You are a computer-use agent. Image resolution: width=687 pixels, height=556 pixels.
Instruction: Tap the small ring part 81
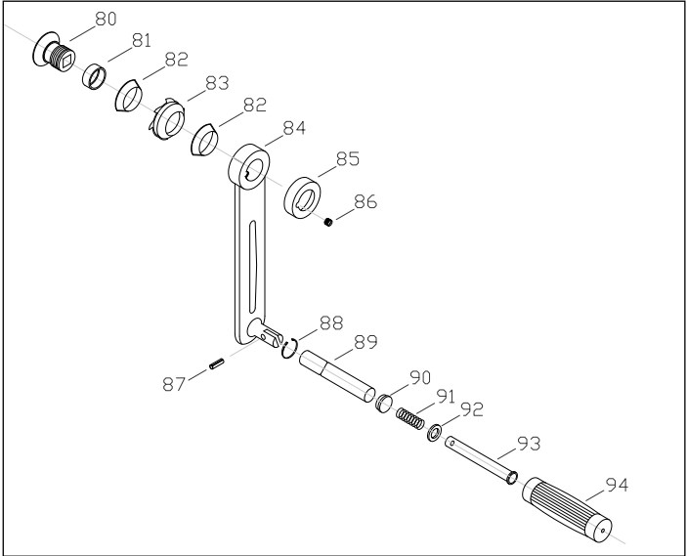tap(94, 74)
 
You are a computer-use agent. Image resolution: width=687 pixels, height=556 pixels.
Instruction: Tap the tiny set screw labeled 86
tap(330, 222)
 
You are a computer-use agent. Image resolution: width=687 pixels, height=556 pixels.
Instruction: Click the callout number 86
tap(365, 202)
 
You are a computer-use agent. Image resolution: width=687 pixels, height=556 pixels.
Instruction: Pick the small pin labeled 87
tap(217, 364)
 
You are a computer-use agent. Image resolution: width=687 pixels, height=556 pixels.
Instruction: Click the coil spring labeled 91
tap(410, 418)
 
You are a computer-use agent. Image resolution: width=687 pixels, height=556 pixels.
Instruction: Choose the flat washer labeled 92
tap(433, 430)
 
